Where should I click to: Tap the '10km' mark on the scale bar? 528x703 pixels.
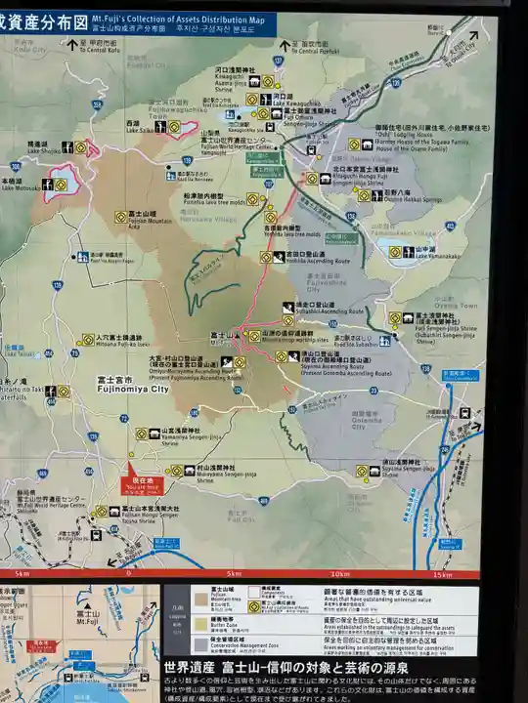pos(340,574)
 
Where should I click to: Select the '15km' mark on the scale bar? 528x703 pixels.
pos(443,574)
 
